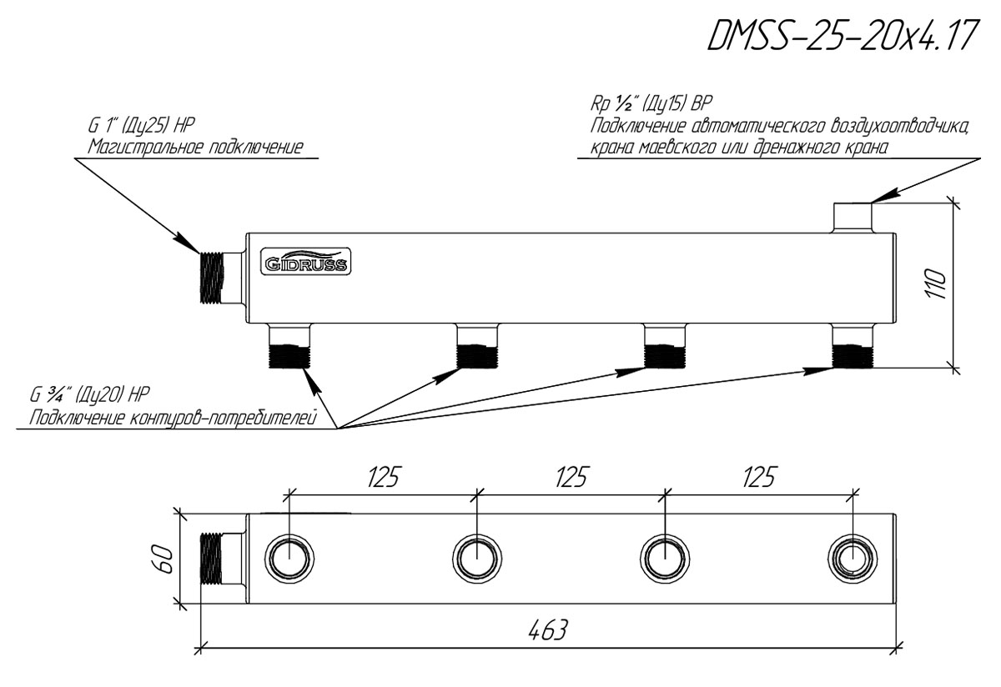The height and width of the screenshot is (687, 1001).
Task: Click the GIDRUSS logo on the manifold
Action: (306, 261)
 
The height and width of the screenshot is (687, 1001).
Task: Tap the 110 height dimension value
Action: (937, 284)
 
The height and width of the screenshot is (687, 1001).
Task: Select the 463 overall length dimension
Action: (547, 630)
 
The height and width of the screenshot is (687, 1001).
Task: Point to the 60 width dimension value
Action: (164, 559)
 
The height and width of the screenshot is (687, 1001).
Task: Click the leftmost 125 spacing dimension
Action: (383, 477)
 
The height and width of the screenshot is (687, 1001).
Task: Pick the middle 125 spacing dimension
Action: (571, 477)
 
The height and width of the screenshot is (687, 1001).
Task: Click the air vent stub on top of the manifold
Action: (853, 218)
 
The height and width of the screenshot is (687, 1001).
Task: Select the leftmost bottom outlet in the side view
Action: (289, 347)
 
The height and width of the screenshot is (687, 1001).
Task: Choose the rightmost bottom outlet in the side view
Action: (853, 347)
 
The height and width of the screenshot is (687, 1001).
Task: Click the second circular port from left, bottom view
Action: (477, 559)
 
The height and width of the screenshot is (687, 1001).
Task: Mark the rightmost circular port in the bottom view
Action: (853, 559)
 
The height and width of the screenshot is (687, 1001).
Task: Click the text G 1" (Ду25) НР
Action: (141, 126)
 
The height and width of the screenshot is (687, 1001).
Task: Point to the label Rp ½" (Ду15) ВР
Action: (651, 104)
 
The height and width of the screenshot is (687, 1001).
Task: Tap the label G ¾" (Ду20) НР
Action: (89, 395)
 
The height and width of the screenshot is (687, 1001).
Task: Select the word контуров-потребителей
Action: (224, 418)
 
